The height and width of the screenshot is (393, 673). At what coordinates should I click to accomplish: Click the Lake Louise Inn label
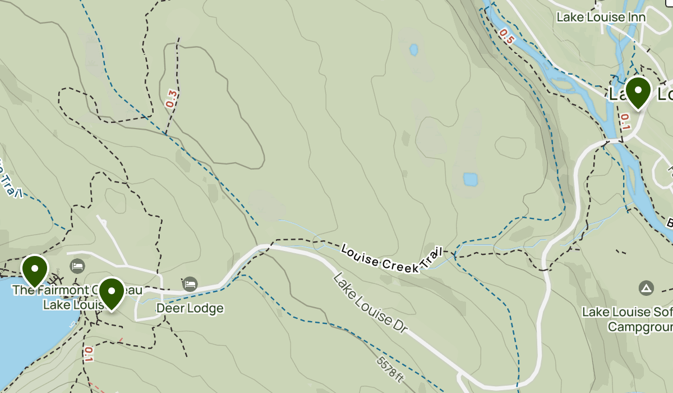coord(601,17)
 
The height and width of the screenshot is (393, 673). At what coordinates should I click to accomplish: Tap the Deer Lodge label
coord(190,308)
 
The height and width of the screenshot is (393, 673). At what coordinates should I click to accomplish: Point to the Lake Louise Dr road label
coord(368,305)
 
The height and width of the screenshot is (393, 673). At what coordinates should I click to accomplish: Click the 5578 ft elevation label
coord(390,368)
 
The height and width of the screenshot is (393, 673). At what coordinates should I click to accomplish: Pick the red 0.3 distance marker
coord(171,99)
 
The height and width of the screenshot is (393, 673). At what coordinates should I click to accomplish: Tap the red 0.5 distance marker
coord(506,36)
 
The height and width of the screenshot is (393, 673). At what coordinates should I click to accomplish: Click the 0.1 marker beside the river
coord(625,121)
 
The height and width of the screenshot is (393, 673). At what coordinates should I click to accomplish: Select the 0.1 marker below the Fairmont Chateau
coord(89,355)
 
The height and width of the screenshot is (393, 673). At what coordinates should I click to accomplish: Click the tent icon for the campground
coord(646,289)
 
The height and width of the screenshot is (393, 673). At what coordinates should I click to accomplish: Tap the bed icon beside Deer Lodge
coord(190,284)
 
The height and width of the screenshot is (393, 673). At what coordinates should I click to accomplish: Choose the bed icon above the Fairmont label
coord(77,266)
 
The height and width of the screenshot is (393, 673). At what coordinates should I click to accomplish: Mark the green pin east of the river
coord(638,92)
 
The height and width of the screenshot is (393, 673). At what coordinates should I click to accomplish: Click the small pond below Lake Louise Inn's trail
coord(414,50)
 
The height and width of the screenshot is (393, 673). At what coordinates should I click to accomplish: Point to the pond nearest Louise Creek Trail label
coord(470,180)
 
